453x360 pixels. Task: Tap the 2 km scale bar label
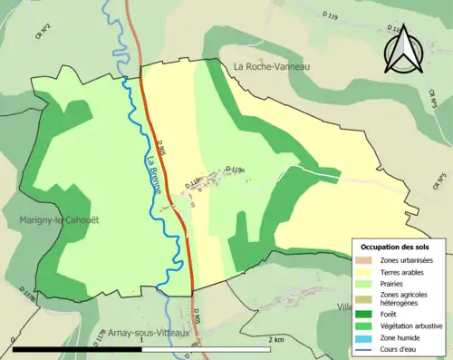tap(278, 340)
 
